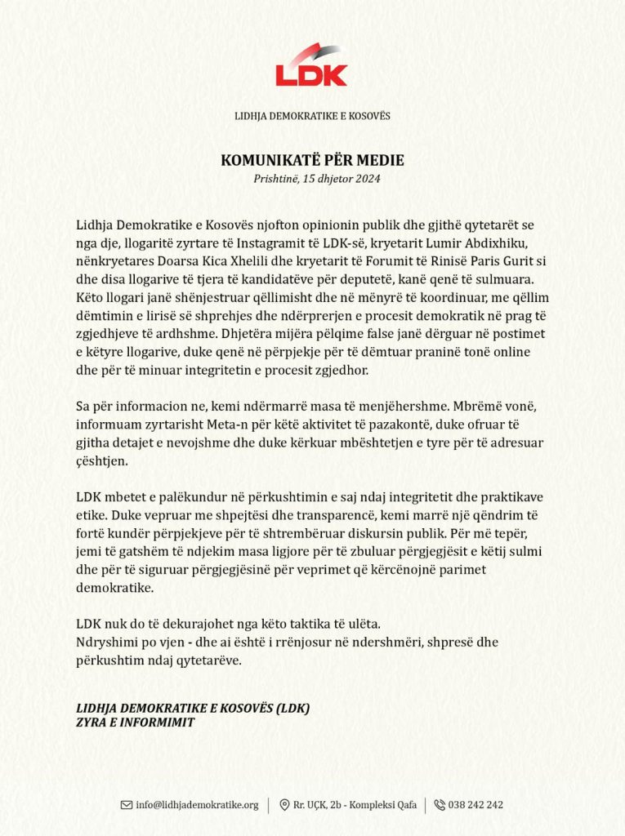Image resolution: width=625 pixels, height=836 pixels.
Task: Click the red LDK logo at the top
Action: coord(311,66)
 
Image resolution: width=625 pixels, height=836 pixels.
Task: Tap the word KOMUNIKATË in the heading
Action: coord(261,161)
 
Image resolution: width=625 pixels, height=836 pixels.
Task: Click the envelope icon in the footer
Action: coord(127,805)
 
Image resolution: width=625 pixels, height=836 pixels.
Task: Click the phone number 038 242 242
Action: coord(475,805)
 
